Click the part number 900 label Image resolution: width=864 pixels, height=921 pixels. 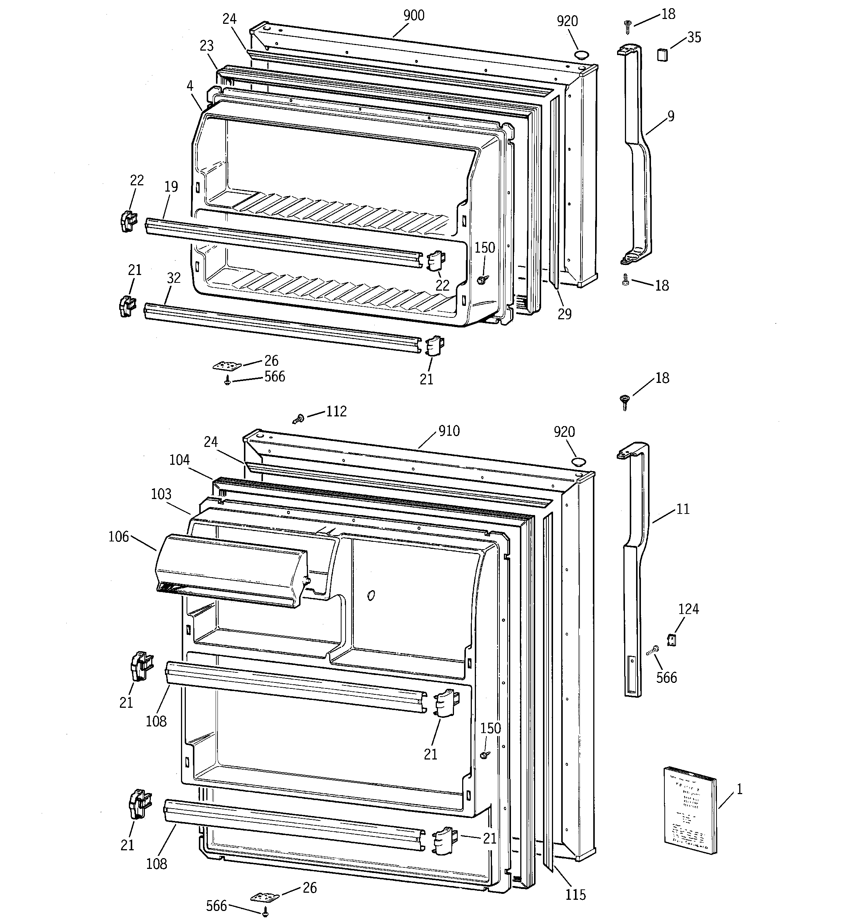pos(414,16)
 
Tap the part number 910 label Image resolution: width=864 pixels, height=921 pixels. pos(448,431)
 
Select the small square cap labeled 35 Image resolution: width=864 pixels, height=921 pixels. pos(662,55)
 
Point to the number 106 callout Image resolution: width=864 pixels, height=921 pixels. pos(119,537)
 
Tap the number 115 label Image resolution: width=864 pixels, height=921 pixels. pos(575,895)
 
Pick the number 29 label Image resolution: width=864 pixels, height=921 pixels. pos(565,314)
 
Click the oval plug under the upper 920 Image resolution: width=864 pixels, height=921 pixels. pos(581,55)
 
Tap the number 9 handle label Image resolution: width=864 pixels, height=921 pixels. pos(671,116)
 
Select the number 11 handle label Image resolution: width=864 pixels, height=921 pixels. pos(683,509)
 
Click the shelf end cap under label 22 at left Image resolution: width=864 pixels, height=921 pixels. pos(127,221)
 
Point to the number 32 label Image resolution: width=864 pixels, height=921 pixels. pos(174,278)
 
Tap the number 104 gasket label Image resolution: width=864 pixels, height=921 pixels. pos(179,460)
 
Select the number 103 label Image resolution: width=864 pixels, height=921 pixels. pos(161,494)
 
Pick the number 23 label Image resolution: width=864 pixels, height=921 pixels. pos(206,46)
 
